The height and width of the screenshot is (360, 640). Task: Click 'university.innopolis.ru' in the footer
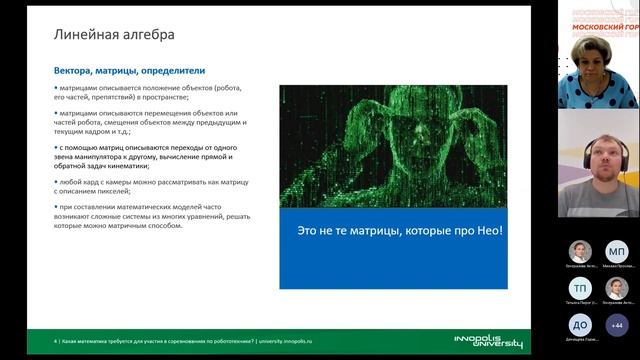tap(297, 342)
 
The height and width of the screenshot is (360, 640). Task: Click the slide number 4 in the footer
tap(55, 342)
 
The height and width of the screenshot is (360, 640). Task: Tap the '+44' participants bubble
tap(617, 324)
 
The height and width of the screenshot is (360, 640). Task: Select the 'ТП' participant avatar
tap(580, 288)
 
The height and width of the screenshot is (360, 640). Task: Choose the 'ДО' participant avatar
tap(580, 324)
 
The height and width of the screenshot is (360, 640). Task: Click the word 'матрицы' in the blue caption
tap(378, 231)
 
